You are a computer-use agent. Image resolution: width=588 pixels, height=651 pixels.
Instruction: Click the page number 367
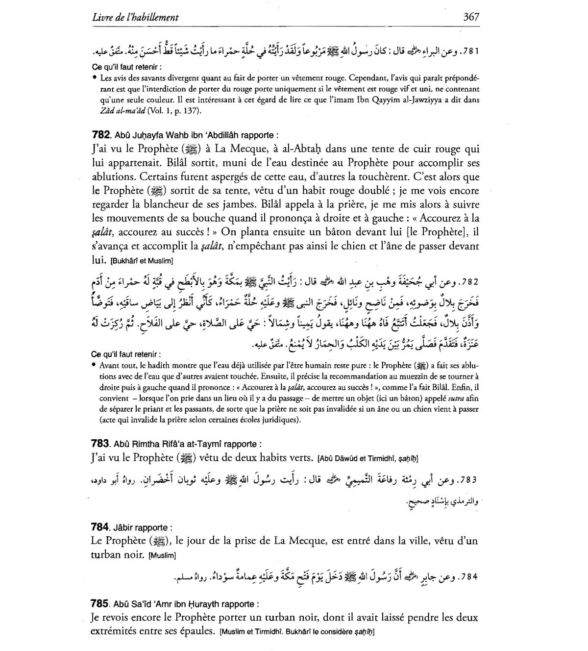tap(471, 17)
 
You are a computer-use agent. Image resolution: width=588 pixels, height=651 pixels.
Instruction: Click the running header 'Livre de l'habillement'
tap(135, 18)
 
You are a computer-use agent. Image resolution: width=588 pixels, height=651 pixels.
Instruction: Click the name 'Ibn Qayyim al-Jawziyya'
tap(422, 100)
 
